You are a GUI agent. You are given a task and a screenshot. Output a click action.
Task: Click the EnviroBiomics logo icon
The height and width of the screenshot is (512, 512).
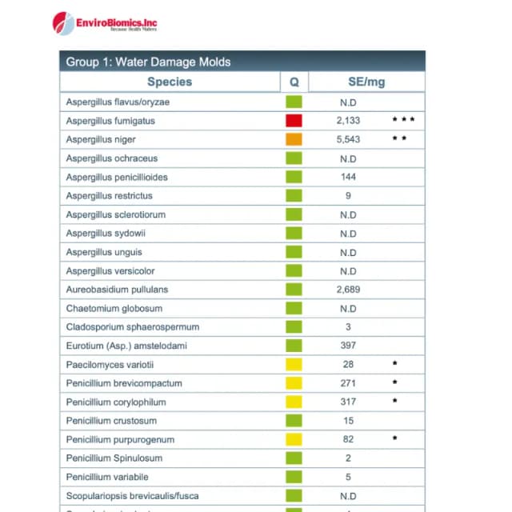[x=63, y=22]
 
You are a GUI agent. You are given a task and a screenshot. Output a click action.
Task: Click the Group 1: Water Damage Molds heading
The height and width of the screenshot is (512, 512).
[x=148, y=62]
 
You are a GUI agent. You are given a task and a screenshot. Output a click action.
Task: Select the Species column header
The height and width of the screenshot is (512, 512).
[x=170, y=82]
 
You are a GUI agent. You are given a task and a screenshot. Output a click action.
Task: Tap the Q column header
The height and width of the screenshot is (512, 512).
[x=294, y=82]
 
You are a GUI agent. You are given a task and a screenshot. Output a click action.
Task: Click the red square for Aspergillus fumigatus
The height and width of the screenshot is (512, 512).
[x=294, y=121]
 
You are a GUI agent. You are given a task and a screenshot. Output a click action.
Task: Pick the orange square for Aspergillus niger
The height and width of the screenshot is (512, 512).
[x=294, y=139]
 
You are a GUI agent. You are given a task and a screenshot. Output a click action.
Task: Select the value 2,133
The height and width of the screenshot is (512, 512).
[x=348, y=121]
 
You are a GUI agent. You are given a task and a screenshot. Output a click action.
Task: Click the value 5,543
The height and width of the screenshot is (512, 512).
[x=348, y=139]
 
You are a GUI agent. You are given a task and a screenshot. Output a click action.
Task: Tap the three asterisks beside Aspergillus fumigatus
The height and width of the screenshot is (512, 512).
[x=403, y=120]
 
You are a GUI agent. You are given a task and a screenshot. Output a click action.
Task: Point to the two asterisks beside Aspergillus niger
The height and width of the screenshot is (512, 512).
[x=400, y=139]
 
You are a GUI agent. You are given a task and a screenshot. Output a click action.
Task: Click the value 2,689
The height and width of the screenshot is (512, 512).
[x=348, y=290]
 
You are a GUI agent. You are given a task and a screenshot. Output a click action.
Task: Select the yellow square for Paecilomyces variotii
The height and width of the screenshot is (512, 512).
[x=294, y=365]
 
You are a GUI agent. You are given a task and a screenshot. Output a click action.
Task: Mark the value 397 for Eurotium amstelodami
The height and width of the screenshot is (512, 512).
[x=348, y=346]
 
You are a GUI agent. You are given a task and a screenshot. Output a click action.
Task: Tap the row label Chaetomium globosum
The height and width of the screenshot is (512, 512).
[x=114, y=308]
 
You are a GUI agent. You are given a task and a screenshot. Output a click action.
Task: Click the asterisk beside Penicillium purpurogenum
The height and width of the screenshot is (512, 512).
[x=394, y=439]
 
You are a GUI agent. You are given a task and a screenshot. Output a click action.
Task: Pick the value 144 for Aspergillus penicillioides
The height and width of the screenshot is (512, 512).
[x=348, y=177]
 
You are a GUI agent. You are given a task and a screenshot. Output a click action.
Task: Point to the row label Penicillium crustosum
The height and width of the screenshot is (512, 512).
[x=111, y=421]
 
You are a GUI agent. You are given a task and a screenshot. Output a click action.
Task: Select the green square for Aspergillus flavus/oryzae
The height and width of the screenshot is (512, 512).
[x=294, y=102]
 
